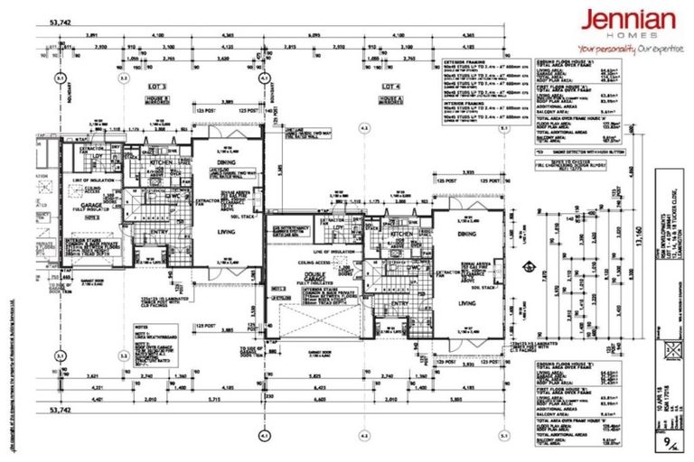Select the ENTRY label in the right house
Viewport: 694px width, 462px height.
pos(398,303)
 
